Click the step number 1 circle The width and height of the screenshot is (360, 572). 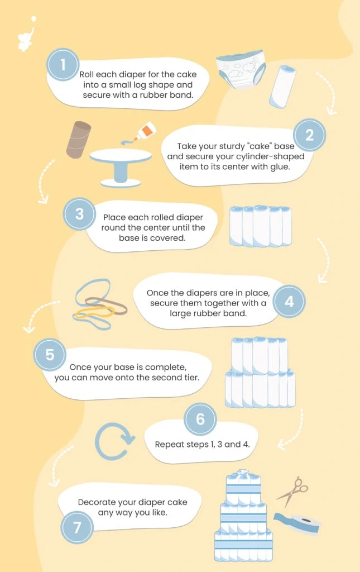pyautogui.click(x=63, y=65)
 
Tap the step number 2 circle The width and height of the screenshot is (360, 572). pyautogui.click(x=309, y=135)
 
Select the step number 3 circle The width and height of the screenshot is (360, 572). pyautogui.click(x=79, y=213)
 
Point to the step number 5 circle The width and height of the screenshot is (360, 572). pyautogui.click(x=50, y=355)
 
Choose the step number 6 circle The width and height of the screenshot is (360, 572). pyautogui.click(x=200, y=419)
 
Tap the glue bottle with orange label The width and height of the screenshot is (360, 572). pyautogui.click(x=145, y=131)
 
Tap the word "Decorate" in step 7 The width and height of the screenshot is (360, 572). pyautogui.click(x=98, y=502)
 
